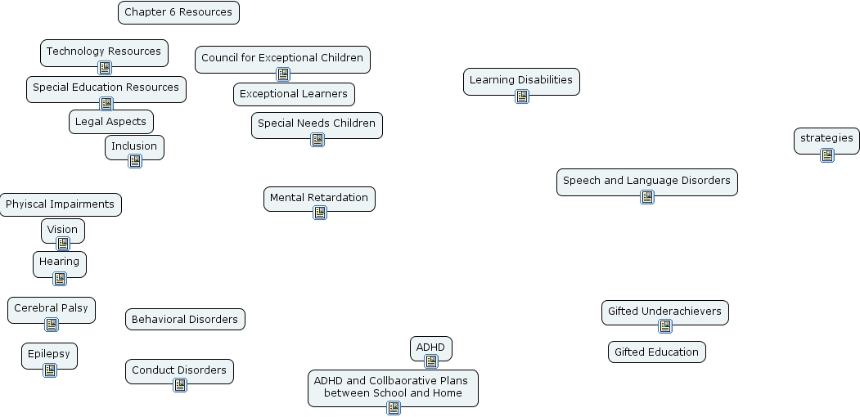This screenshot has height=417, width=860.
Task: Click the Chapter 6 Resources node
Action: tap(178, 12)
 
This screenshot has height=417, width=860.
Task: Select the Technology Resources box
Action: tap(104, 52)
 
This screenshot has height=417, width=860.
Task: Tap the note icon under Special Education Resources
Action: tap(106, 103)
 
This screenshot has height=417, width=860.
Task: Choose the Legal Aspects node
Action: tap(110, 122)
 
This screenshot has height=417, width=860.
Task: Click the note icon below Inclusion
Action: tap(135, 161)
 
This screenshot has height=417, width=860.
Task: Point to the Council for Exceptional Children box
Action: tap(282, 58)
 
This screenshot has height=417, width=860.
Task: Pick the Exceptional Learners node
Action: tap(294, 94)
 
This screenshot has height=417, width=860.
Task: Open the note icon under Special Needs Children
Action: tap(317, 140)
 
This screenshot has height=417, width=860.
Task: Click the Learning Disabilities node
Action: tap(521, 80)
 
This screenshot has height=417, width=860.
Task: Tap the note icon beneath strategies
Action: tap(827, 155)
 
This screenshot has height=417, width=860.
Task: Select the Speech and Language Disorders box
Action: tap(646, 181)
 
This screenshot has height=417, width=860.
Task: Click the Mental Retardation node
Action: tap(319, 198)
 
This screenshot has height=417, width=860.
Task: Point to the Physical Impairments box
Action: tap(60, 204)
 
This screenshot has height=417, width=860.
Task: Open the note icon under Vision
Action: tap(63, 244)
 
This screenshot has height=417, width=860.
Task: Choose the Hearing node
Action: tap(60, 262)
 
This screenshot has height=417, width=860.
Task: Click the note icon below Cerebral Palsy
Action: tap(52, 325)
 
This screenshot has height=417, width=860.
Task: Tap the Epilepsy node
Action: tap(49, 354)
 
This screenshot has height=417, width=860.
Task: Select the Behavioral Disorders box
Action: tap(185, 320)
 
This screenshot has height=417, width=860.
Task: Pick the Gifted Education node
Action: tap(656, 352)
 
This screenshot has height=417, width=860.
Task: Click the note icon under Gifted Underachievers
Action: tap(665, 326)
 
